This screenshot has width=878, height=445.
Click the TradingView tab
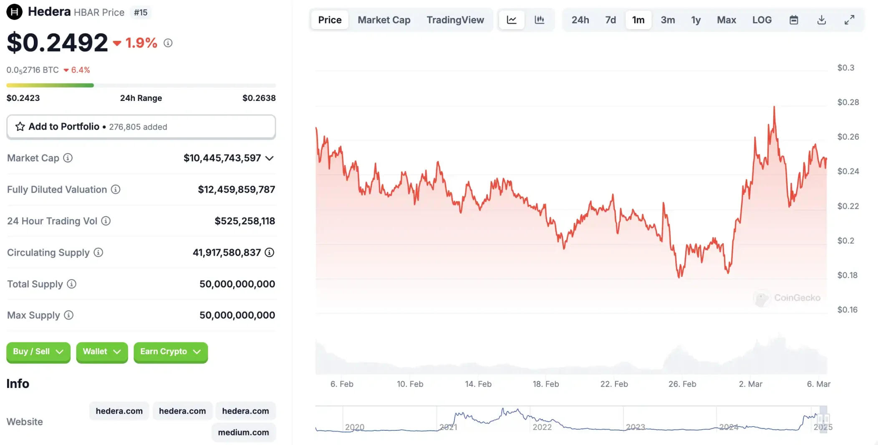coord(455,20)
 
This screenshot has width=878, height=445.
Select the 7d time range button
coord(611,20)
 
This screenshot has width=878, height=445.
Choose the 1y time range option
coord(696,20)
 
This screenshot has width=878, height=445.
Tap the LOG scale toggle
coord(762,20)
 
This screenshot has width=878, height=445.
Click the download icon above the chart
coord(821,20)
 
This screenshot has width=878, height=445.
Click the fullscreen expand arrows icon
coord(849,20)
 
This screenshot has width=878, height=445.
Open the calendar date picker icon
coord(794,20)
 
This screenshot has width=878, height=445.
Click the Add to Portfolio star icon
coord(20,126)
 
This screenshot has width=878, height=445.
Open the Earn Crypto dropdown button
coord(170,352)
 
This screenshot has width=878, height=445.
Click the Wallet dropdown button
coord(102,352)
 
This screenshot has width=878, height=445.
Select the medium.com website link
coord(243,432)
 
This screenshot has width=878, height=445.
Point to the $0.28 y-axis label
coord(848,102)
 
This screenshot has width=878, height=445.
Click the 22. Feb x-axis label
coord(614,384)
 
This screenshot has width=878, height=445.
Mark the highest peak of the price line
coord(774,107)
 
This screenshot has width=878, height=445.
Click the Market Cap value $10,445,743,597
coord(222,158)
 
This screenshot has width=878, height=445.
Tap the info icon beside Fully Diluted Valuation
coord(116,189)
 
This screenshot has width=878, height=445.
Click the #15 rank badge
coord(141,13)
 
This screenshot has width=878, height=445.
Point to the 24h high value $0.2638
coord(259,98)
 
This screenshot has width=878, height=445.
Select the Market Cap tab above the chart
coord(384,20)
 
